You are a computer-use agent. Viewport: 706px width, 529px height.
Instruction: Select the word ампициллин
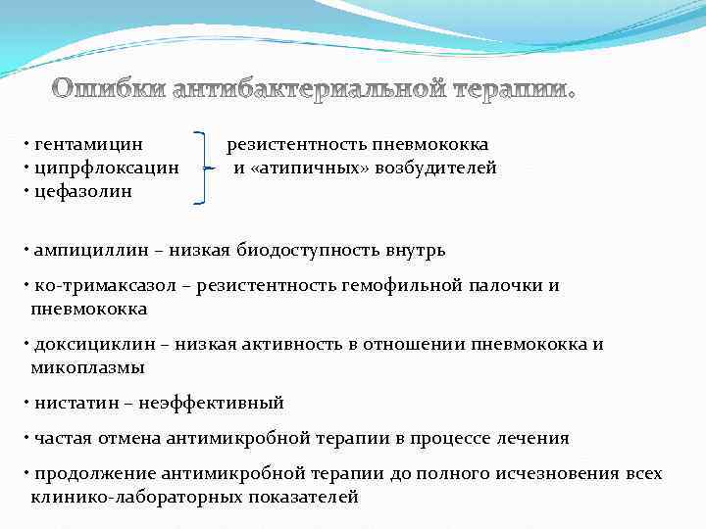(x=92, y=250)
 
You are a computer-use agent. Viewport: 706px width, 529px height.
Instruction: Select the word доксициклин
(x=94, y=344)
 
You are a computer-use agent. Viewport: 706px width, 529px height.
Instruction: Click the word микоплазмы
(x=87, y=367)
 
